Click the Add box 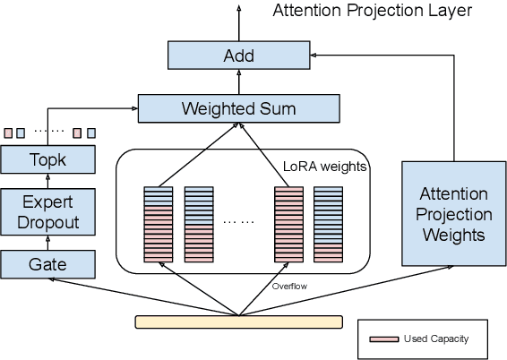pos(238,56)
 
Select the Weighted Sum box pos(238,108)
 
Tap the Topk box pos(47,160)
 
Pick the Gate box pos(47,263)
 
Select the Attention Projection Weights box pos(453,214)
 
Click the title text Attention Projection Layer pos(372,11)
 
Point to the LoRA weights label pos(323,166)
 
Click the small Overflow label pos(289,287)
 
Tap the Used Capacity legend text pos(436,339)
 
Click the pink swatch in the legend pos(382,339)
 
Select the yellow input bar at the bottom pos(238,321)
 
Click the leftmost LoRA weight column pos(159,224)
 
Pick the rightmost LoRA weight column pos(328,224)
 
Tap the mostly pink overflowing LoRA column pos(288,224)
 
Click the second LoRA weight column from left pos(199,224)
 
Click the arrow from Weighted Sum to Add pos(238,81)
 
